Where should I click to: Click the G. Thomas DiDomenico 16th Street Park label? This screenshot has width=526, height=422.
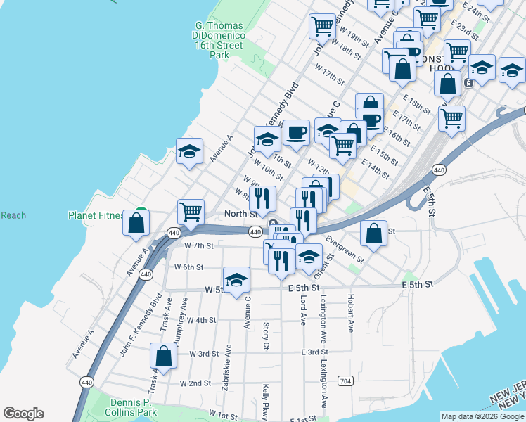click(x=219, y=41)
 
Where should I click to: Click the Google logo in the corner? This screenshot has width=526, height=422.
click(x=23, y=414)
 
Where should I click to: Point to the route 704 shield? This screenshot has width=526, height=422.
click(x=345, y=381)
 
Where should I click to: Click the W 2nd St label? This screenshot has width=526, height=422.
click(x=195, y=383)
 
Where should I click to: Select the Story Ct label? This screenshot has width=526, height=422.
click(x=266, y=335)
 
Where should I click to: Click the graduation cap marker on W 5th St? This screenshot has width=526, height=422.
click(x=237, y=279)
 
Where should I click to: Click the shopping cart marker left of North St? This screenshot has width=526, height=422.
click(x=191, y=210)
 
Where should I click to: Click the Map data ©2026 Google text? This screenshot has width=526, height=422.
click(x=483, y=416)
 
